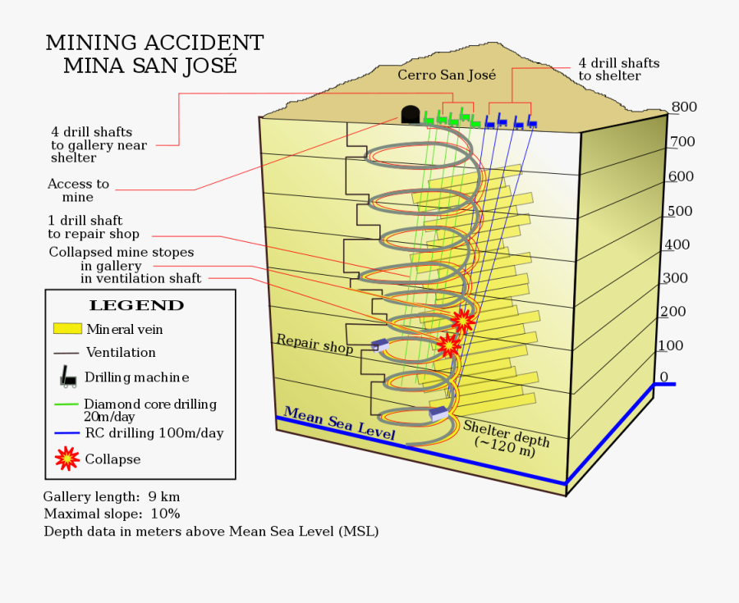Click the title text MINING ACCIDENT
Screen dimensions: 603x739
click(154, 43)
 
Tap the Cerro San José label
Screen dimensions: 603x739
click(447, 75)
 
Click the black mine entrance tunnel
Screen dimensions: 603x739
click(410, 115)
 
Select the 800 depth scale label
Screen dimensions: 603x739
click(683, 107)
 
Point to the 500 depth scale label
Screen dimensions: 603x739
click(679, 211)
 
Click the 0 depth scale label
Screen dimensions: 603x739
click(664, 377)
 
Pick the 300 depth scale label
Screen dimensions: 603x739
click(674, 278)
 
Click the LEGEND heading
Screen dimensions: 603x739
click(136, 305)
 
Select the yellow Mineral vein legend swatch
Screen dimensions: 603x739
click(67, 329)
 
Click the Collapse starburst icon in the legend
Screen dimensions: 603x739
click(67, 459)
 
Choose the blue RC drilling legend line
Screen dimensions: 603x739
click(67, 433)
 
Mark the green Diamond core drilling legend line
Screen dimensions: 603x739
click(67, 404)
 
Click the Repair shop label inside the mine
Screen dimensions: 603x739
click(314, 344)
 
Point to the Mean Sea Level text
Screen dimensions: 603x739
click(339, 424)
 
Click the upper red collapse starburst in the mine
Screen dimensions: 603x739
click(463, 320)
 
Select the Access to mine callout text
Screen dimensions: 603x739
click(78, 190)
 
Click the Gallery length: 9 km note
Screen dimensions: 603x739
click(112, 496)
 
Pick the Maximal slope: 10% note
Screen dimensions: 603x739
click(112, 514)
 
